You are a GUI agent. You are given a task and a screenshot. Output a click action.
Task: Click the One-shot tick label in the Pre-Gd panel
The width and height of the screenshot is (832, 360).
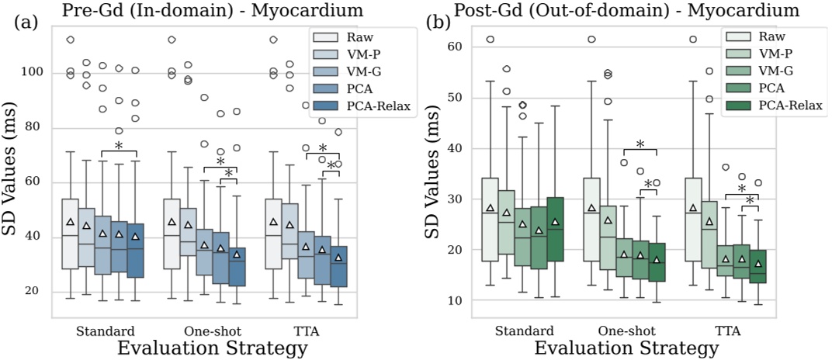[204, 331]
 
